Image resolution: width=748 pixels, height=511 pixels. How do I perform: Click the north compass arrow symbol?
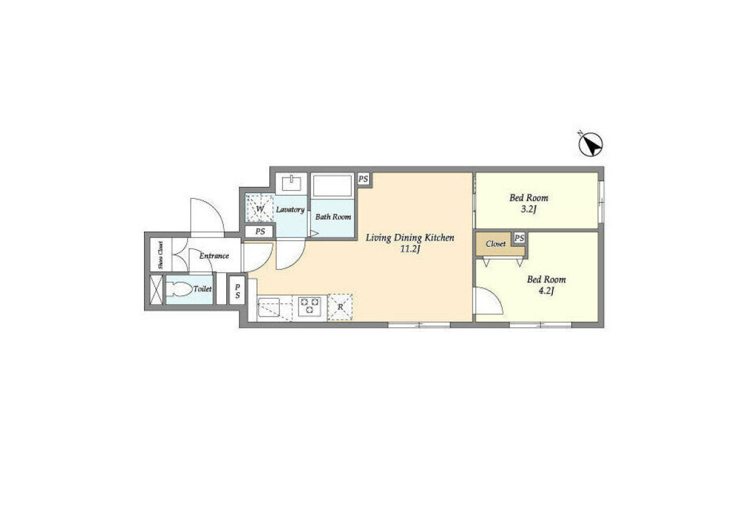coord(591,145)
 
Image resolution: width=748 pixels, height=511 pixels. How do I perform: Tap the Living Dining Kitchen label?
coord(410,238)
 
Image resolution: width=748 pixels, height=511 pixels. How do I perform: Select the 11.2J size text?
coord(410,249)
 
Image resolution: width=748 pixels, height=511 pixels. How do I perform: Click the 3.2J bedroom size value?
coord(529,209)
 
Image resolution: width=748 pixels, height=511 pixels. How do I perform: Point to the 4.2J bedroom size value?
coord(546,291)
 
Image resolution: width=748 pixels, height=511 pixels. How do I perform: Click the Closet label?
coord(496,244)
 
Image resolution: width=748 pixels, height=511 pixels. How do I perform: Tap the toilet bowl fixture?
coord(180,289)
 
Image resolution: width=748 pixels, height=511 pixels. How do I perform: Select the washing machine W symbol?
coord(259,208)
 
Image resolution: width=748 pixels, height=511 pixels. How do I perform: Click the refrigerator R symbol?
coord(340,307)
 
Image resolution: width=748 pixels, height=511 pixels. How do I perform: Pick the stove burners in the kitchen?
coord(309,306)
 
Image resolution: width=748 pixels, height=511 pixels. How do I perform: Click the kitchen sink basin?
coord(269,308)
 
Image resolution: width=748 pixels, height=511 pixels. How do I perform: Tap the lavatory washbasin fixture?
coord(292,183)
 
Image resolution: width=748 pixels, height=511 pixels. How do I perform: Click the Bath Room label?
coord(333,217)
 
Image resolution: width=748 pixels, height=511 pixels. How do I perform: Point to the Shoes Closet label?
coord(161,255)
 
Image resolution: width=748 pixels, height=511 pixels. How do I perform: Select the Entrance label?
coord(214,256)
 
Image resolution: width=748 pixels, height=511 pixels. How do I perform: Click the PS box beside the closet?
coord(519,238)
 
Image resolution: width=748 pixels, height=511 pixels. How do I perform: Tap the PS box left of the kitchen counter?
coord(237,291)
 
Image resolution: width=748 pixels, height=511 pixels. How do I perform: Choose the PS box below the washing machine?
coord(260,231)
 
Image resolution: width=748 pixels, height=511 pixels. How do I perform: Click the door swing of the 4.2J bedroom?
coord(489,300)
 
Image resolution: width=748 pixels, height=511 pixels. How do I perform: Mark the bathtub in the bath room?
coord(333,186)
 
